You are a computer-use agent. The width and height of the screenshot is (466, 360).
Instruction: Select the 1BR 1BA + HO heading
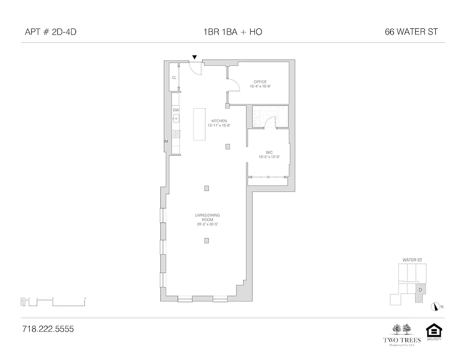point(233,32)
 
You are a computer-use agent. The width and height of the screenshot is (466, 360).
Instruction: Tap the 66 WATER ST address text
point(412,32)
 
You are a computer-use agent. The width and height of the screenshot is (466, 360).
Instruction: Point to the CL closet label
point(174,78)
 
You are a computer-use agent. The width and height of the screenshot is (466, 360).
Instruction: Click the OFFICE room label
point(260,82)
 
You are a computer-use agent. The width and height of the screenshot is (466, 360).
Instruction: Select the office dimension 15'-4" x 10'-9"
point(260,86)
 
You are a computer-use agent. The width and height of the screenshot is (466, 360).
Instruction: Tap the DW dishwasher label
point(176,110)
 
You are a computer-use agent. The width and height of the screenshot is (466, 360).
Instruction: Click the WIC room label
point(269,153)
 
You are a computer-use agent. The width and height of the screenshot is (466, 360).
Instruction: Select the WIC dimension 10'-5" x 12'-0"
point(269,157)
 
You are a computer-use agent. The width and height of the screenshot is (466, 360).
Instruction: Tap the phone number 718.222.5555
point(47,329)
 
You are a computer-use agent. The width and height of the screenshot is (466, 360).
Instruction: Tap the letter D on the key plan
point(420,290)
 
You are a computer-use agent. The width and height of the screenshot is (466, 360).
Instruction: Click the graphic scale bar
point(53,302)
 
